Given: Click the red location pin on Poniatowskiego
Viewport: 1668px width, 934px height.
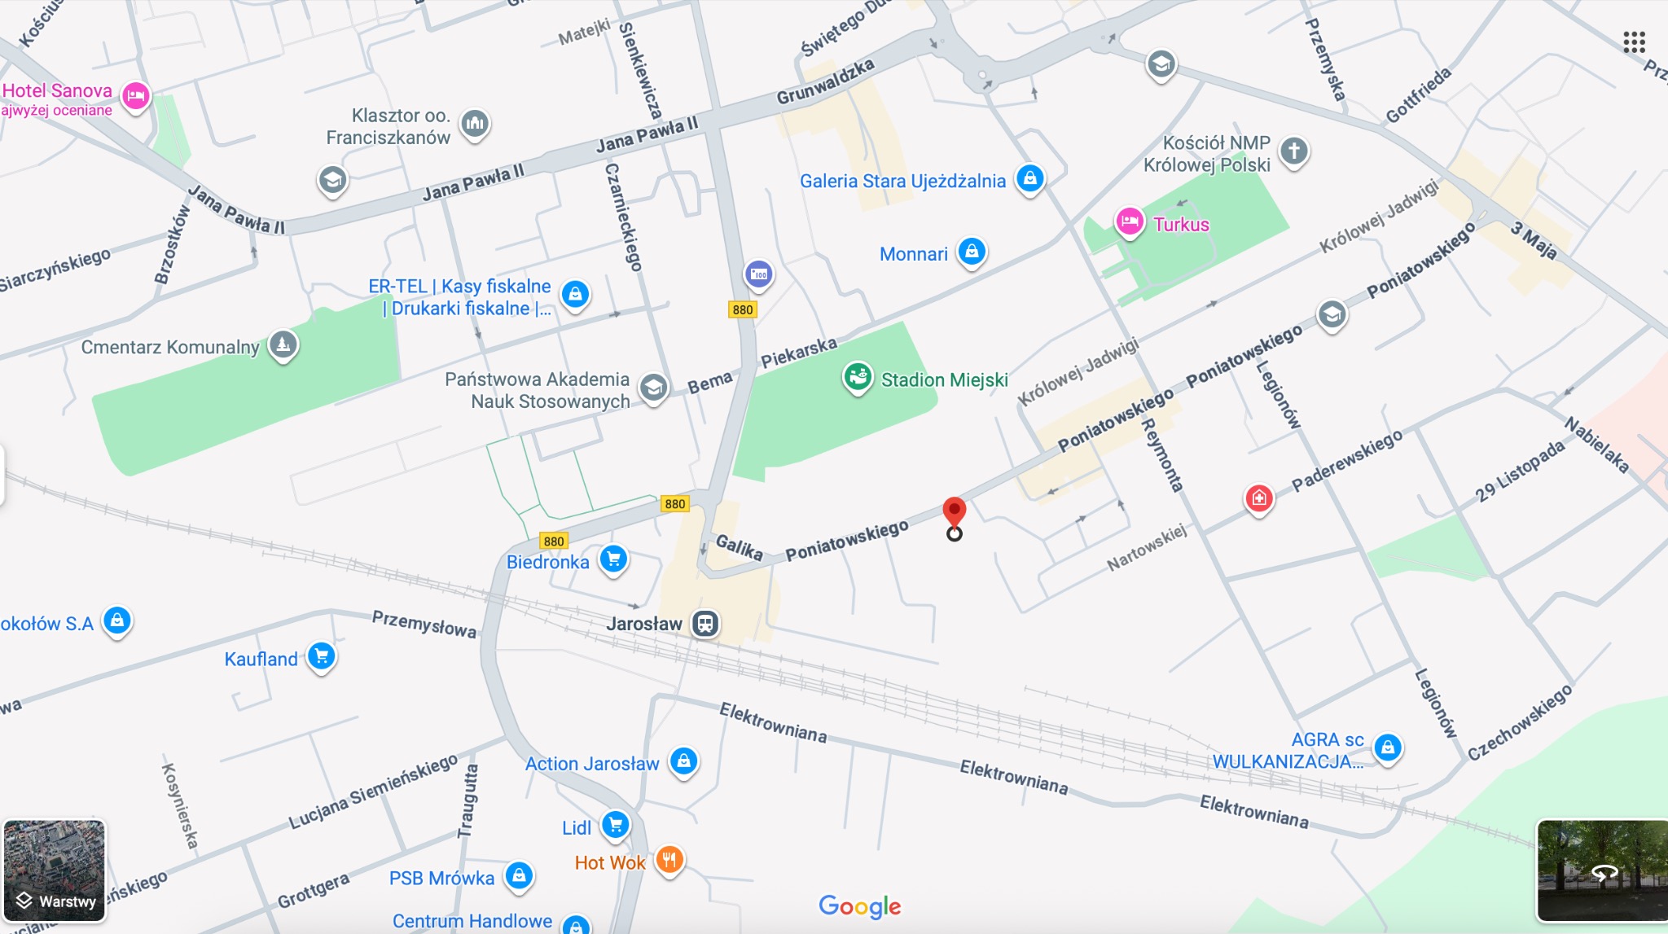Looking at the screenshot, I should click(x=954, y=513).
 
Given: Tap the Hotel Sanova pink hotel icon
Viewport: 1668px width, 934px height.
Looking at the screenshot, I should click(x=135, y=96).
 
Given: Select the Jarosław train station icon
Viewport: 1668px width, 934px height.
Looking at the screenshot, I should click(x=705, y=624).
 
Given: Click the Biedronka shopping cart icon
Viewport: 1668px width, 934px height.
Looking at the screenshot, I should click(x=613, y=559).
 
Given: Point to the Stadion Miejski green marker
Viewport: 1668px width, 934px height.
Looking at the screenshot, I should click(x=857, y=377).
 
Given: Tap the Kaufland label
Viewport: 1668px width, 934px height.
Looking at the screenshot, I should click(x=261, y=659).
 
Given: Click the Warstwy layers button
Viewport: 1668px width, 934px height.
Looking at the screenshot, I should click(x=55, y=870).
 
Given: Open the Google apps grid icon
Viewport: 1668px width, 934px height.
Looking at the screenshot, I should click(x=1634, y=42).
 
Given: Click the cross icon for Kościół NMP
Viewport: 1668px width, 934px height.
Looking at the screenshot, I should click(x=1293, y=151).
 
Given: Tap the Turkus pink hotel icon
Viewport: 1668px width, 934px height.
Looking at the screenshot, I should click(x=1130, y=221).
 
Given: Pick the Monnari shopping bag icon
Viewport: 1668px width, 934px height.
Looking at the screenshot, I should click(x=972, y=252).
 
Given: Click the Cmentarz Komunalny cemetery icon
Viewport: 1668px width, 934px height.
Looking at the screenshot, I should click(x=283, y=344).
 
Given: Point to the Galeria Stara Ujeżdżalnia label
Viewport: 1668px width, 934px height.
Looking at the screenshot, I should click(x=902, y=181).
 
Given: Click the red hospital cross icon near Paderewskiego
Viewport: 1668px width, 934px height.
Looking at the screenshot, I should click(x=1258, y=497).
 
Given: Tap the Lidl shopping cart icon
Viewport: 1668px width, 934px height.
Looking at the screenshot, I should click(x=616, y=825).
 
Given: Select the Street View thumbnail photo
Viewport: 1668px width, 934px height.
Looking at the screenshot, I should click(x=1601, y=870).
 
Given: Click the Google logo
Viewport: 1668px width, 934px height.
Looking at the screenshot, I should click(x=859, y=905).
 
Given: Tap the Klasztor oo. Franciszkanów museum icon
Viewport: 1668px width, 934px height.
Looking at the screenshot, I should click(x=475, y=124).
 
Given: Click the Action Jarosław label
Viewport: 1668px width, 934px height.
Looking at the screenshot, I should click(x=592, y=764).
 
